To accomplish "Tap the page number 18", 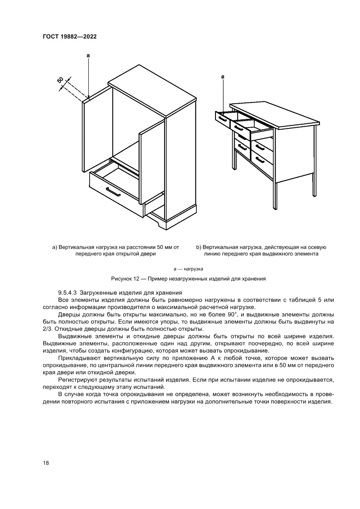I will [46, 463].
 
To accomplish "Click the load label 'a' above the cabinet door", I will [88, 56].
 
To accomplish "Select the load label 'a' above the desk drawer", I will [223, 77].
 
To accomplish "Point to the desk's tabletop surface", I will [274, 115].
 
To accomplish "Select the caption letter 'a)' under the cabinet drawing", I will [55, 247].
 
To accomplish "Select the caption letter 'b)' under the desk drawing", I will [199, 247].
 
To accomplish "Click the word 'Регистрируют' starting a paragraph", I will [77, 380].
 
